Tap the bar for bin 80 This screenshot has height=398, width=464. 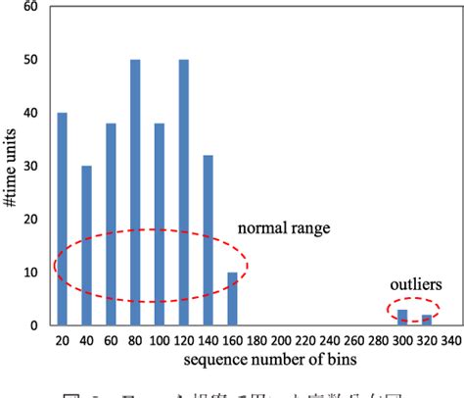pos(134,192)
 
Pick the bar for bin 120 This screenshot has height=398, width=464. pos(183,192)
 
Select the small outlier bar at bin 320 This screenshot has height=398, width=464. pos(426,320)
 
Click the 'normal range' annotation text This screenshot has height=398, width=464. pos(283,228)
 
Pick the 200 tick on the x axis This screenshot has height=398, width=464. pos(280,340)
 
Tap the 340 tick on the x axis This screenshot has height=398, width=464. pos(449,340)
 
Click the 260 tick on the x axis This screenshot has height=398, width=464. pos(352,340)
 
